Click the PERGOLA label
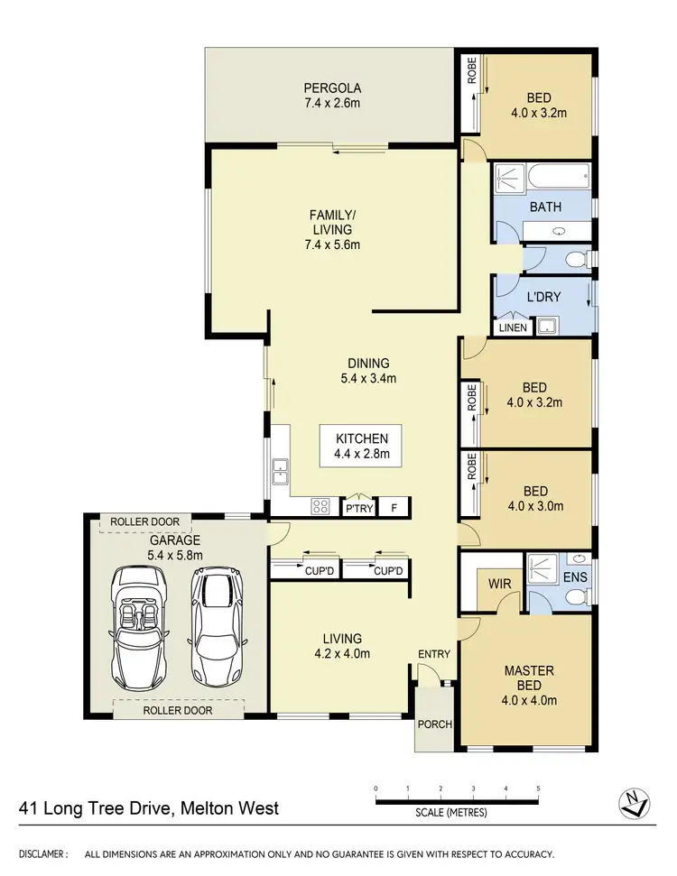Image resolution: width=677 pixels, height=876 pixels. [x=332, y=88]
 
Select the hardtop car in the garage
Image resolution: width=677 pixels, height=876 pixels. [x=216, y=626]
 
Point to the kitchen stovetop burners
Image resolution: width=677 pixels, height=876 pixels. [x=321, y=507]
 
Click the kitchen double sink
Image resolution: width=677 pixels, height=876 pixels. [x=281, y=467]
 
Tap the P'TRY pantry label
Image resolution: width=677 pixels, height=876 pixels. [x=358, y=509]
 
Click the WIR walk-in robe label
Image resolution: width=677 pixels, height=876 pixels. [x=500, y=585]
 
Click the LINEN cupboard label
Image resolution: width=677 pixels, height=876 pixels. [x=512, y=327]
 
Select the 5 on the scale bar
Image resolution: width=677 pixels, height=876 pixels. [x=538, y=788]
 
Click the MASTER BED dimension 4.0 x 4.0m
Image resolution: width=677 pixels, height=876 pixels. [x=528, y=699]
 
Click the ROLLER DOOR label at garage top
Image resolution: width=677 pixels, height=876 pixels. [x=145, y=521]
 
